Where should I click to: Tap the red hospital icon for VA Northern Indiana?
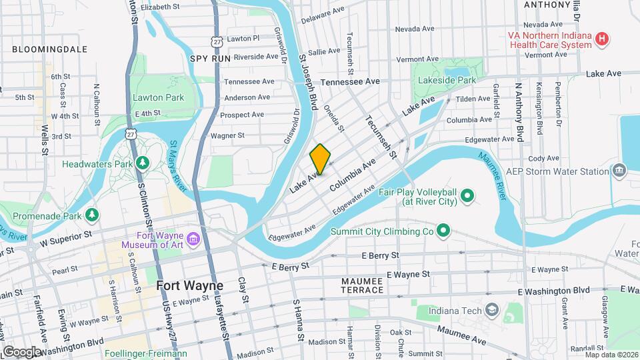point(602,39)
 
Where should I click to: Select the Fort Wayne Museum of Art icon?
point(193,239)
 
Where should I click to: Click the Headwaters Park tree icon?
point(141,163)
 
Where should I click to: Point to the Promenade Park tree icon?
point(92,215)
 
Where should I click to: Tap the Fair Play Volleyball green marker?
point(467,195)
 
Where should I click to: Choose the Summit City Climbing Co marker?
point(443,232)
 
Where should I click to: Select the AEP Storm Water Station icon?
point(620,171)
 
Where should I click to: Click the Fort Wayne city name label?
point(190,285)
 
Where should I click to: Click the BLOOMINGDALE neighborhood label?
point(49,49)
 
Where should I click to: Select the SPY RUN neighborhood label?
point(210,59)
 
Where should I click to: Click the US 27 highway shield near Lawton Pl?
point(215,41)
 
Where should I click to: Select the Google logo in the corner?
point(21,351)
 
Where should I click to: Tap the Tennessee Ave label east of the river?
point(350,81)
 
